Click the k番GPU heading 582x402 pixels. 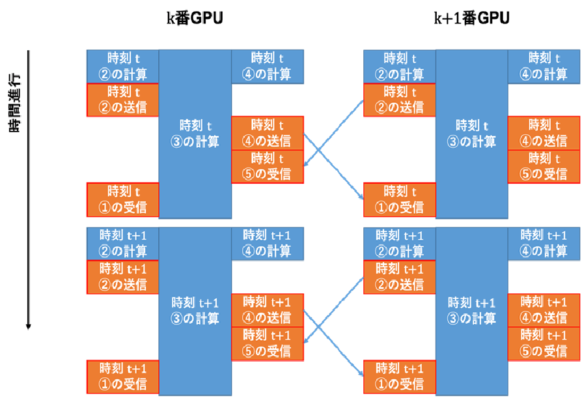tap(195, 19)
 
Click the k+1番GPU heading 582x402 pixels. tap(471, 19)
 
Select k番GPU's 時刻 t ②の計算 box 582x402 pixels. tap(123, 66)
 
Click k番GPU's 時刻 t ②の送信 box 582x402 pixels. tap(123, 100)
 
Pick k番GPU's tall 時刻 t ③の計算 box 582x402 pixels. tap(195, 133)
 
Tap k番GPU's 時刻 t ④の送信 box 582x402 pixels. tap(268, 133)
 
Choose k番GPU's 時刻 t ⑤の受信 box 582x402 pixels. tap(268, 166)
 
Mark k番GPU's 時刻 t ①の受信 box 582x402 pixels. tap(123, 199)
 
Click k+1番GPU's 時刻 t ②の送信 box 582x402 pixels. tap(400, 100)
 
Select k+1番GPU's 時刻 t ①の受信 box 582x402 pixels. tap(400, 199)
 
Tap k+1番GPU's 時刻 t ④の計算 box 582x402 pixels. tap(543, 66)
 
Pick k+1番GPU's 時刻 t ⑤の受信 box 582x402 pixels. tap(543, 166)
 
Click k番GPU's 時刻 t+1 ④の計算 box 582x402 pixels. tap(268, 243)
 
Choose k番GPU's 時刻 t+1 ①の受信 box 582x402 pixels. tap(123, 377)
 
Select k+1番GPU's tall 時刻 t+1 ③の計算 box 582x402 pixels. tap(471, 310)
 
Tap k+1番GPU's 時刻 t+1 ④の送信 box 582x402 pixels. tap(543, 310)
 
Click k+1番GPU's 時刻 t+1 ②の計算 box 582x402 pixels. tap(400, 243)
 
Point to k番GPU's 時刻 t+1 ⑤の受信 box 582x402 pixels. tap(268, 343)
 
